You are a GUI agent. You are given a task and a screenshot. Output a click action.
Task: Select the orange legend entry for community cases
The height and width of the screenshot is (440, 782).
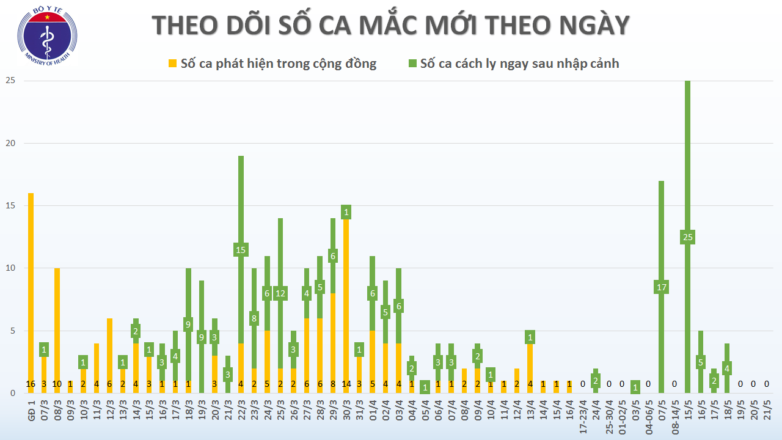point(272,64)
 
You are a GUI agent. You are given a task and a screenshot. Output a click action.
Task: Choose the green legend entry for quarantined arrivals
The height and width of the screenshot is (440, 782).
point(514,64)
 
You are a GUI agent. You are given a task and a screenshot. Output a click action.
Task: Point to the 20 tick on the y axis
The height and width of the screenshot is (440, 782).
point(10,144)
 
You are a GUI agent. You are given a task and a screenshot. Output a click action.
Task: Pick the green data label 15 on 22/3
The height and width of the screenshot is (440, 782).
point(241,250)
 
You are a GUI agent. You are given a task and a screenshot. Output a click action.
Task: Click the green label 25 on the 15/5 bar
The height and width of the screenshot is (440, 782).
point(687,237)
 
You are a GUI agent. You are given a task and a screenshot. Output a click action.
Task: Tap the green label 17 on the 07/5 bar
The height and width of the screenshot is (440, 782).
point(661,287)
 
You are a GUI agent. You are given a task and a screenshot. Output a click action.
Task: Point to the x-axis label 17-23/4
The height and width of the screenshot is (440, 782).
point(583,416)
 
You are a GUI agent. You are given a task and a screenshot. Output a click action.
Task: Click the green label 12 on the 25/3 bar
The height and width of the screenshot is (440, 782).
point(280,293)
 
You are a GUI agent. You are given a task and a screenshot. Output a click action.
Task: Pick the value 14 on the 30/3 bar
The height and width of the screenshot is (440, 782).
point(346,384)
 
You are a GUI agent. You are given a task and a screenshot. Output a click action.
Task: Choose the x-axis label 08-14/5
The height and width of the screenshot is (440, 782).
point(674,416)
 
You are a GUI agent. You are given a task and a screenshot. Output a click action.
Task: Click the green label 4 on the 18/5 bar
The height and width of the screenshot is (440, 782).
point(727,369)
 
